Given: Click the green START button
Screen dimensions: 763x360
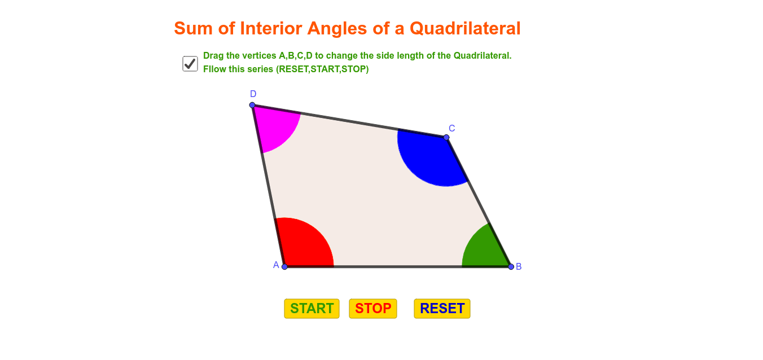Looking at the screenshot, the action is click(312, 309).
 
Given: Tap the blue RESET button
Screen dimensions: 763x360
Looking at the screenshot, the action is click(442, 309).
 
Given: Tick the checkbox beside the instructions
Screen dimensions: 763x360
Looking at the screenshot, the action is click(190, 64).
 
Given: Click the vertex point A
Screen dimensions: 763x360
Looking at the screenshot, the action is click(285, 267).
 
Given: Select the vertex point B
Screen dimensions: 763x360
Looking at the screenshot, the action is click(511, 267).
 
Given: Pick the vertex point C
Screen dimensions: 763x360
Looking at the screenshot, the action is click(446, 137).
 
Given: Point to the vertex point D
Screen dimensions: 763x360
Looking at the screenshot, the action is click(252, 105).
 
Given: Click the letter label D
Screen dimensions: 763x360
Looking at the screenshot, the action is click(253, 94).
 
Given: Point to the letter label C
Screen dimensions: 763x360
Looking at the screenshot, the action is click(451, 129).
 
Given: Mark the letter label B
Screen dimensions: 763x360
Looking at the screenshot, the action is click(519, 267).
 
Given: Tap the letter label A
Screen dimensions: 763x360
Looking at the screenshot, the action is click(276, 265).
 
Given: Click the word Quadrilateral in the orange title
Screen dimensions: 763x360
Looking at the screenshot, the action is click(465, 28).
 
